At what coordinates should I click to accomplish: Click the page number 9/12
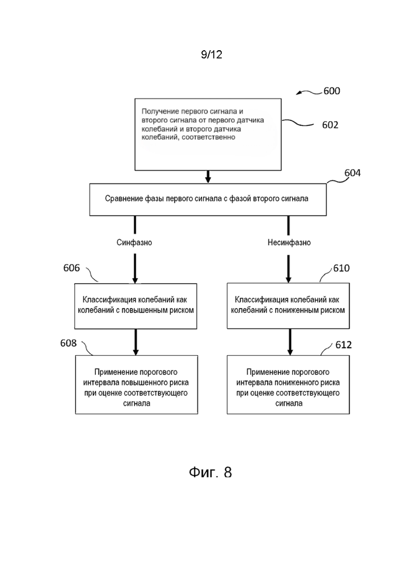211,55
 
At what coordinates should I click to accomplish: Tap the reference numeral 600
331,91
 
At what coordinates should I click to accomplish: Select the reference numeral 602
330,125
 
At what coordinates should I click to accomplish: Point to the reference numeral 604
352,173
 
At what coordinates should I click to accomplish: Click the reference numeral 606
71,268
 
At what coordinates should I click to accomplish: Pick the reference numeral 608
68,343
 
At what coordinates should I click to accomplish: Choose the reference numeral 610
341,269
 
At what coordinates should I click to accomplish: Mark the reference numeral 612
343,345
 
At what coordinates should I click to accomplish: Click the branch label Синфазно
134,243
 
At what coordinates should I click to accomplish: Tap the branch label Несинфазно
289,243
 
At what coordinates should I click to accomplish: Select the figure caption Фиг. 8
210,472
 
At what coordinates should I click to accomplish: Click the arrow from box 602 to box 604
208,176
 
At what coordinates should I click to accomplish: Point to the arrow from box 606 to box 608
136,342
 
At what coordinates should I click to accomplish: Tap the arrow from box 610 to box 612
290,342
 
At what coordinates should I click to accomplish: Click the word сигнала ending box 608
137,403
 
